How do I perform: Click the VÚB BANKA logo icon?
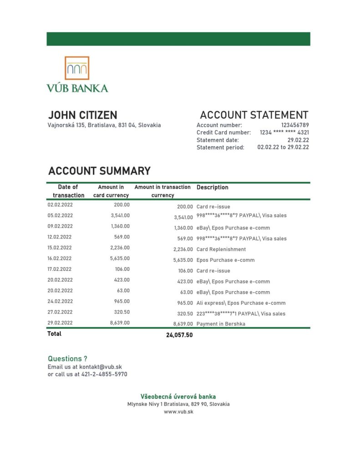tap(77, 68)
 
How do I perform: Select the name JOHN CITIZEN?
tap(82, 115)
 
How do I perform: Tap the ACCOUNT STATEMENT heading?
tap(254, 115)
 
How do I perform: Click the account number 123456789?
tap(295, 125)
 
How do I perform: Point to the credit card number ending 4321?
tap(284, 132)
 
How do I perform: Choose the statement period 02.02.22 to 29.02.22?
tap(283, 147)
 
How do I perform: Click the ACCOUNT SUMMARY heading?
tap(99, 171)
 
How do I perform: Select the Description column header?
tap(212, 187)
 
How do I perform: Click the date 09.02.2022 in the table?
tap(60, 226)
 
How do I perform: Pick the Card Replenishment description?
tap(221, 249)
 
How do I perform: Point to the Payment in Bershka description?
tap(221, 324)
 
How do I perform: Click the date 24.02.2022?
tap(60, 301)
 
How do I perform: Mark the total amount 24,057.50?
tap(179, 335)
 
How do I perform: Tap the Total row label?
tap(54, 334)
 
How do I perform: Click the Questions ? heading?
tap(67, 359)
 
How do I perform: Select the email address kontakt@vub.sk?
tap(100, 367)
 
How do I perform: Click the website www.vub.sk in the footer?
tap(178, 411)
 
